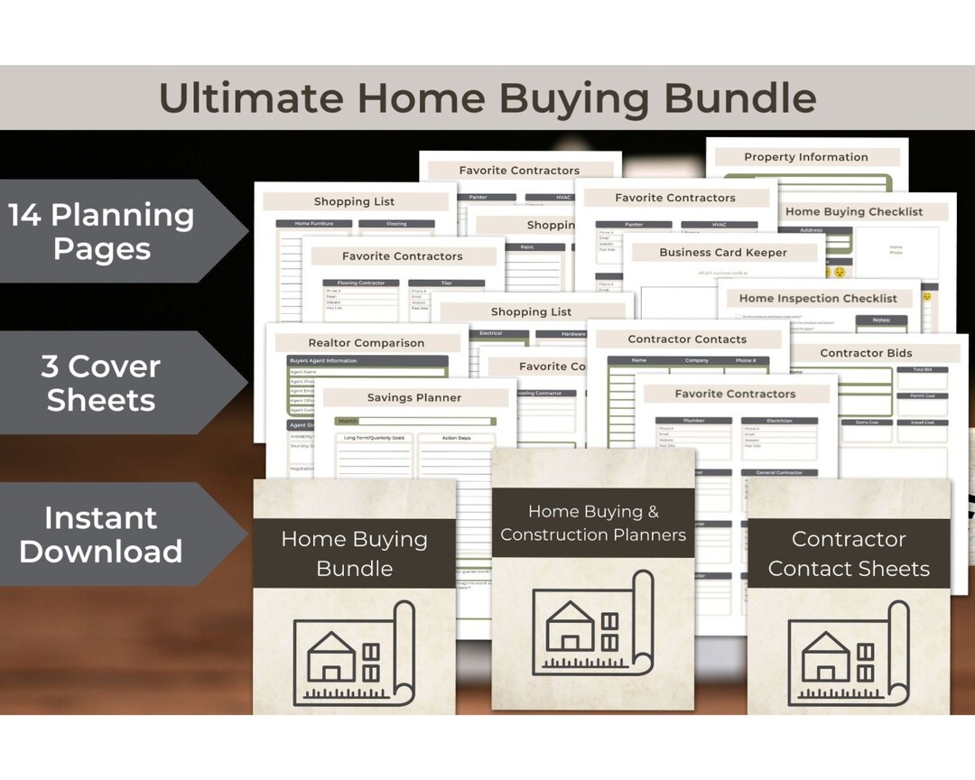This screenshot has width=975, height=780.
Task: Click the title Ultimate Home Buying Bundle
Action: point(487,97)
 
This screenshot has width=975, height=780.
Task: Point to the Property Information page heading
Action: point(805,157)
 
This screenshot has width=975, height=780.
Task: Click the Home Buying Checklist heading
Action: point(854,212)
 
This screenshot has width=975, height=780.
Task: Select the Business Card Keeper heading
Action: point(723,253)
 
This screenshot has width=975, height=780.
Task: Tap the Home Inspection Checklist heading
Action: point(818,299)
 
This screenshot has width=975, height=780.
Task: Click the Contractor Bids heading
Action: point(866,353)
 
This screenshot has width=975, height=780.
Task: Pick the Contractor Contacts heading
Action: point(687,339)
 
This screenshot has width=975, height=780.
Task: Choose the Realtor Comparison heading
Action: point(366,343)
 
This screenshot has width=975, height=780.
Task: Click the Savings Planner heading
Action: point(414,398)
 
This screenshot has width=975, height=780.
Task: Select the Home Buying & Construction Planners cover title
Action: point(593,524)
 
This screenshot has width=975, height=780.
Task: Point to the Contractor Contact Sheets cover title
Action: point(849,553)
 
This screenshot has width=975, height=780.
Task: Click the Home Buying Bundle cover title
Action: point(354,553)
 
